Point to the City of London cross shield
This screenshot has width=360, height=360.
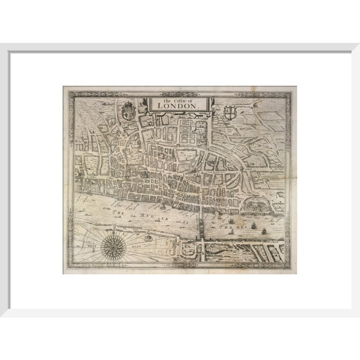coord(229,113)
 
